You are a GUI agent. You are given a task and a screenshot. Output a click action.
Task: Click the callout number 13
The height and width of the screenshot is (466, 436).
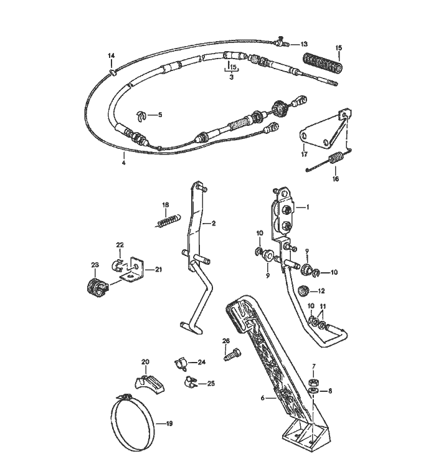(304, 44)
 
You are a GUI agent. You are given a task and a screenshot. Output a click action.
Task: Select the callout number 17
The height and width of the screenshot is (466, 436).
(304, 154)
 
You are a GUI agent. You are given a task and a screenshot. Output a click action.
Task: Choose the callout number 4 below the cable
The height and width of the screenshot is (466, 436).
(124, 163)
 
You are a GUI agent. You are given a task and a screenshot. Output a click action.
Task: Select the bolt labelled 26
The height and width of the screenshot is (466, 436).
(232, 355)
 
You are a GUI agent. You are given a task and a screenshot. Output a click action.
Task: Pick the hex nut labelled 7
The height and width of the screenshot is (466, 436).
(313, 382)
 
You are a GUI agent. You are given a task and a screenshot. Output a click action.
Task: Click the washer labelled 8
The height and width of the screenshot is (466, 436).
(313, 391)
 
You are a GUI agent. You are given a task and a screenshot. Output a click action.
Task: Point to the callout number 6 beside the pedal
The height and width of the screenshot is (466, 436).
(262, 397)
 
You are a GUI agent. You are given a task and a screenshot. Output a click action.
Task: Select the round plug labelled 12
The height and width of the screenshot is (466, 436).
(303, 290)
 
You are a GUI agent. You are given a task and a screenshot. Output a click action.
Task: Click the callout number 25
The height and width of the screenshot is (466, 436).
(211, 383)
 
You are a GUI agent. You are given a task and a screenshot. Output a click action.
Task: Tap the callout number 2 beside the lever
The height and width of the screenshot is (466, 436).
(214, 224)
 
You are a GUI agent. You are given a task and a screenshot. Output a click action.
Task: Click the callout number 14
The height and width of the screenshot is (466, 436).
(111, 56)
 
